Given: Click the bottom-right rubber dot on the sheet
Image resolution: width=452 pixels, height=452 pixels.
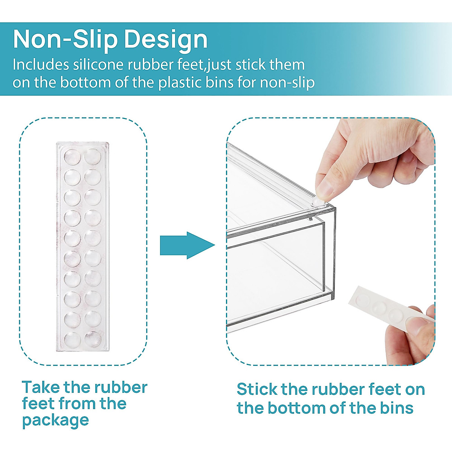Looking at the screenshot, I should [93, 338].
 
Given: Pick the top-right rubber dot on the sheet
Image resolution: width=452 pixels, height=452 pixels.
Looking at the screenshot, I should [93, 156].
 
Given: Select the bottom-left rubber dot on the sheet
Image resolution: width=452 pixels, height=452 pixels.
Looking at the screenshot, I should [72, 339].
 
